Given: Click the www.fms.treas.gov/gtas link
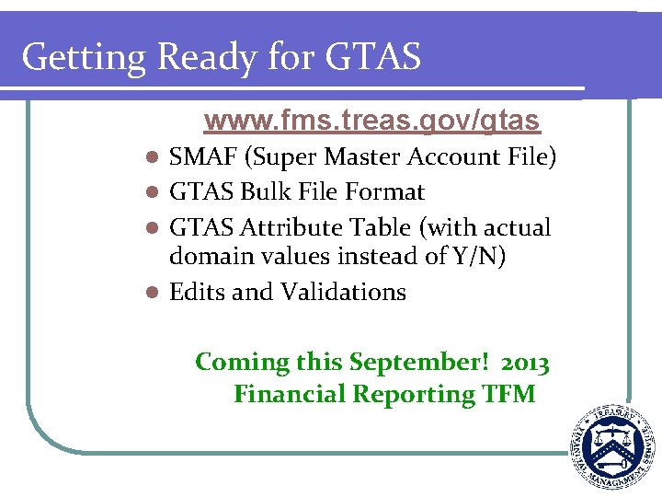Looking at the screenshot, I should [x=372, y=121].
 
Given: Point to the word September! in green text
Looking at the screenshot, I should [x=405, y=363].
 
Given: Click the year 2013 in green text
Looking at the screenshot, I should [x=527, y=363].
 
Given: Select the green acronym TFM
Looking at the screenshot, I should [x=508, y=394].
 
